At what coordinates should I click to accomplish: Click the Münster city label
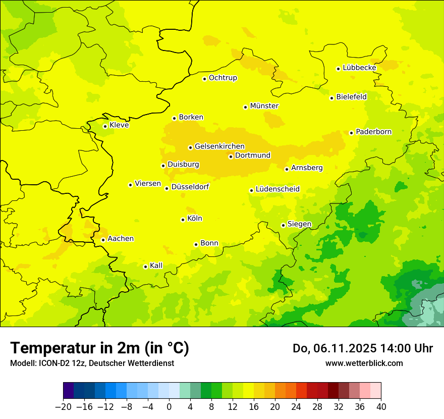[x=264, y=106]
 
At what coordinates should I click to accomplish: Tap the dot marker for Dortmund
[x=231, y=156]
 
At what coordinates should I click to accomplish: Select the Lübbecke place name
[x=359, y=68]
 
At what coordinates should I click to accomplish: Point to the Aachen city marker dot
[x=103, y=240]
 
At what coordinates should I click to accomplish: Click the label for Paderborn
[x=373, y=132]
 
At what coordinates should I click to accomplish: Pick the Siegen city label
[x=299, y=224]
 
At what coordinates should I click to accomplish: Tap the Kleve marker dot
[x=105, y=126]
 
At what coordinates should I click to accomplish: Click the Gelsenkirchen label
[x=219, y=146]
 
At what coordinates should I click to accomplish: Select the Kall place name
[x=156, y=266]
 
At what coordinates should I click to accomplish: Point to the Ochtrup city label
[x=223, y=78]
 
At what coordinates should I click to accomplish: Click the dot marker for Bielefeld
[x=331, y=98]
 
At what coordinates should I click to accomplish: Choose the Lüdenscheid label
[x=277, y=189]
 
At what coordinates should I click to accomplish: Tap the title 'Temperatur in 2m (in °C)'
[x=99, y=348]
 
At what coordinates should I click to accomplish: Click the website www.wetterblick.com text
[x=364, y=363]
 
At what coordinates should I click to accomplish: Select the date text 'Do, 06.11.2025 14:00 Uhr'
[x=362, y=348]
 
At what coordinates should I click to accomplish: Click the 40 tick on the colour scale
[x=381, y=407]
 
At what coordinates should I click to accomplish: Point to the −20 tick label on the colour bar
[x=63, y=407]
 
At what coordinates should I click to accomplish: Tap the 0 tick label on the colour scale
[x=169, y=407]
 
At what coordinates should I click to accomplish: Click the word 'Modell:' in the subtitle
[x=22, y=363]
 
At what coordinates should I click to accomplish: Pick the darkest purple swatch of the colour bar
[x=69, y=391]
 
